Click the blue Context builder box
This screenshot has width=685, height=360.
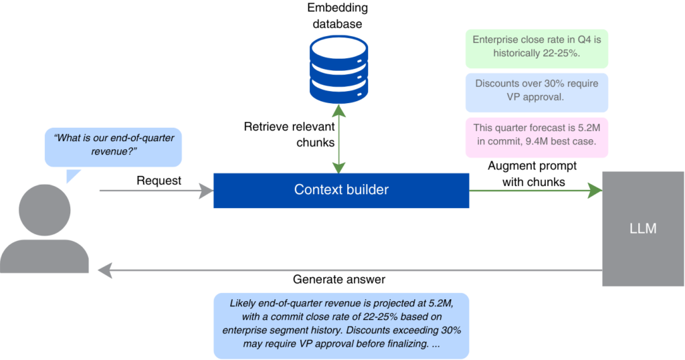pyautogui.click(x=341, y=190)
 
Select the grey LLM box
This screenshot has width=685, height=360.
pyautogui.click(x=643, y=229)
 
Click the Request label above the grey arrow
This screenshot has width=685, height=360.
pyautogui.click(x=159, y=181)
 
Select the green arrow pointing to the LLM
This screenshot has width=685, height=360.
pyautogui.click(x=535, y=191)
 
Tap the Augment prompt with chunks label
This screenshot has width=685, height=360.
pyautogui.click(x=533, y=173)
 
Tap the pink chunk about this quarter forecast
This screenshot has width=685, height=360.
pyautogui.click(x=536, y=137)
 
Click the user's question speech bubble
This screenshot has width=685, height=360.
pyautogui.click(x=113, y=147)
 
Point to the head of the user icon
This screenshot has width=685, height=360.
pyautogui.click(x=45, y=208)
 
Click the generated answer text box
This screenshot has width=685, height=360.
pyautogui.click(x=341, y=324)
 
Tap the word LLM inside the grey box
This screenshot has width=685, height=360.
pyautogui.click(x=643, y=229)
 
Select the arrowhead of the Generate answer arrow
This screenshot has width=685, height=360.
pyautogui.click(x=105, y=270)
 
